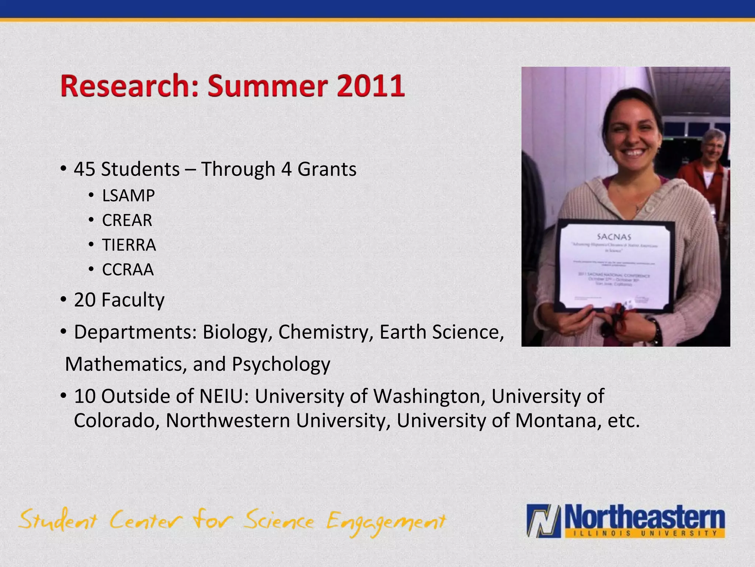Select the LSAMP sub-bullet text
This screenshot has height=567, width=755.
[x=128, y=196]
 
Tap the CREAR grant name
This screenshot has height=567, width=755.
[x=127, y=220]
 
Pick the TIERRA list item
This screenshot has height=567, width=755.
[x=129, y=245]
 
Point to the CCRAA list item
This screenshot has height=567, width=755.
[x=128, y=270]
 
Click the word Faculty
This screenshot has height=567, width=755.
[x=133, y=300]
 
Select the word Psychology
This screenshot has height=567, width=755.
[x=281, y=364]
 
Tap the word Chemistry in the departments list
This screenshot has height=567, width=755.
[x=323, y=332]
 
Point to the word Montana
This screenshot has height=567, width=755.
[x=556, y=420]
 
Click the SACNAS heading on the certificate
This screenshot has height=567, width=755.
[x=614, y=236]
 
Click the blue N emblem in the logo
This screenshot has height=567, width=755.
[x=544, y=520]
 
